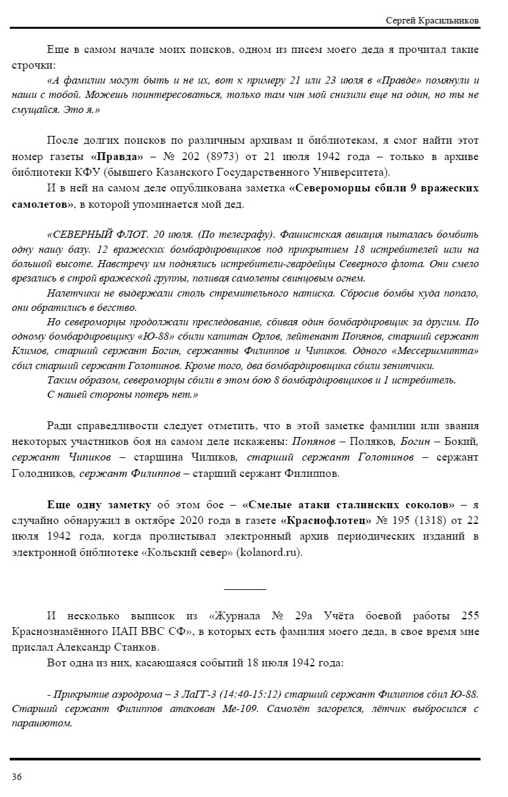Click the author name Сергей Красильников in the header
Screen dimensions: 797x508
click(432, 21)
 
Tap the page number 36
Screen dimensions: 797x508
click(16, 776)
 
